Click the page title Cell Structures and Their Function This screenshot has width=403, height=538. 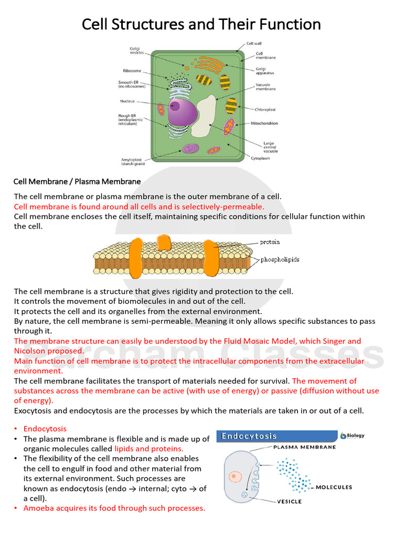[201, 24]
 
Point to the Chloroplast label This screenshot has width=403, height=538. [266, 110]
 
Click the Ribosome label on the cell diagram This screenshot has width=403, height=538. [132, 70]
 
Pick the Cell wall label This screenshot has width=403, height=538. [254, 44]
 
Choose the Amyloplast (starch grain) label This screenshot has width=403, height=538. [133, 161]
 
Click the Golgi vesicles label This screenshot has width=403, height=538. [136, 51]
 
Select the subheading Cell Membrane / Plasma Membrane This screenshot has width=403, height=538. [77, 182]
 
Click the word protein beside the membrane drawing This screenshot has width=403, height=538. [270, 242]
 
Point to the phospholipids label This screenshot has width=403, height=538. [280, 260]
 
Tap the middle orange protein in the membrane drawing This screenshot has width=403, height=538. [164, 242]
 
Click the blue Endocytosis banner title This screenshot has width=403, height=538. [249, 436]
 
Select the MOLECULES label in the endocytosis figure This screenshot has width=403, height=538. [334, 488]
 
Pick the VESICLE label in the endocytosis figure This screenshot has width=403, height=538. [289, 501]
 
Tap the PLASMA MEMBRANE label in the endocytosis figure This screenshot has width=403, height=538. [304, 447]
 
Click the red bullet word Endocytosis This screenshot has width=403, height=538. [45, 429]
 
